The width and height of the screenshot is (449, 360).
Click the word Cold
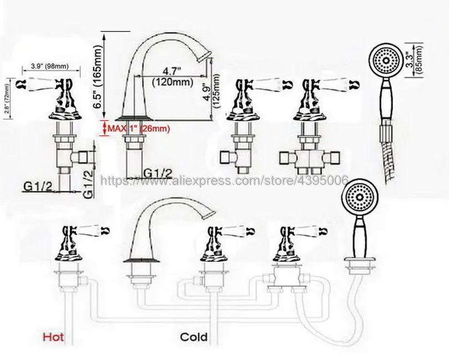(193, 336)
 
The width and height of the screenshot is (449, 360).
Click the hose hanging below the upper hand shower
(382, 155)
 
